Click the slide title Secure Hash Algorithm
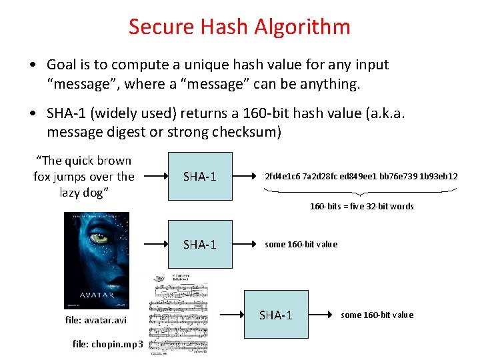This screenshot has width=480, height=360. (x=239, y=27)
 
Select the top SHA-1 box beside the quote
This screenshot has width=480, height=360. (x=200, y=176)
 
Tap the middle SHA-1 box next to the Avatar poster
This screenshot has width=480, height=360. (x=200, y=245)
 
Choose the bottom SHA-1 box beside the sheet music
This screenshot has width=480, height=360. (x=275, y=315)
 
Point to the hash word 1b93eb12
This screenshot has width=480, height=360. (x=439, y=177)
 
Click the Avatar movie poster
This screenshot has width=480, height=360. (x=96, y=260)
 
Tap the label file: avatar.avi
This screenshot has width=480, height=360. (x=95, y=320)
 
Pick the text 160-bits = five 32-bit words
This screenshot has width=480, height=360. (x=361, y=206)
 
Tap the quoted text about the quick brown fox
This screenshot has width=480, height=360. (x=84, y=176)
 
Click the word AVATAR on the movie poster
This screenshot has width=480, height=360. (x=96, y=291)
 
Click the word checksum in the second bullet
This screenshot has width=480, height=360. (x=246, y=132)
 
